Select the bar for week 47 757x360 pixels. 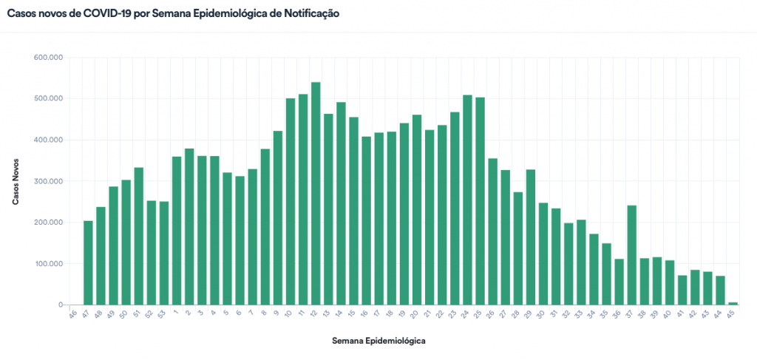88,262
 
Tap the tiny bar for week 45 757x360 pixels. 733,303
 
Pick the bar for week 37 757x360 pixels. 631,255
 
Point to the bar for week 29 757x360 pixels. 530,237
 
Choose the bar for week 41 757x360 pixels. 682,290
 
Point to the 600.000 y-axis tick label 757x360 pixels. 49,58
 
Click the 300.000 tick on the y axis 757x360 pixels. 49,181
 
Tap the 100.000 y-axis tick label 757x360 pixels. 49,264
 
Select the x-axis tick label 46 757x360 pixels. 72,315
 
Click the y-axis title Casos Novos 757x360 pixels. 16,181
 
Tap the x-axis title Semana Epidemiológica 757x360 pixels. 378,341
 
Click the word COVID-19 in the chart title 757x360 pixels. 98,14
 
